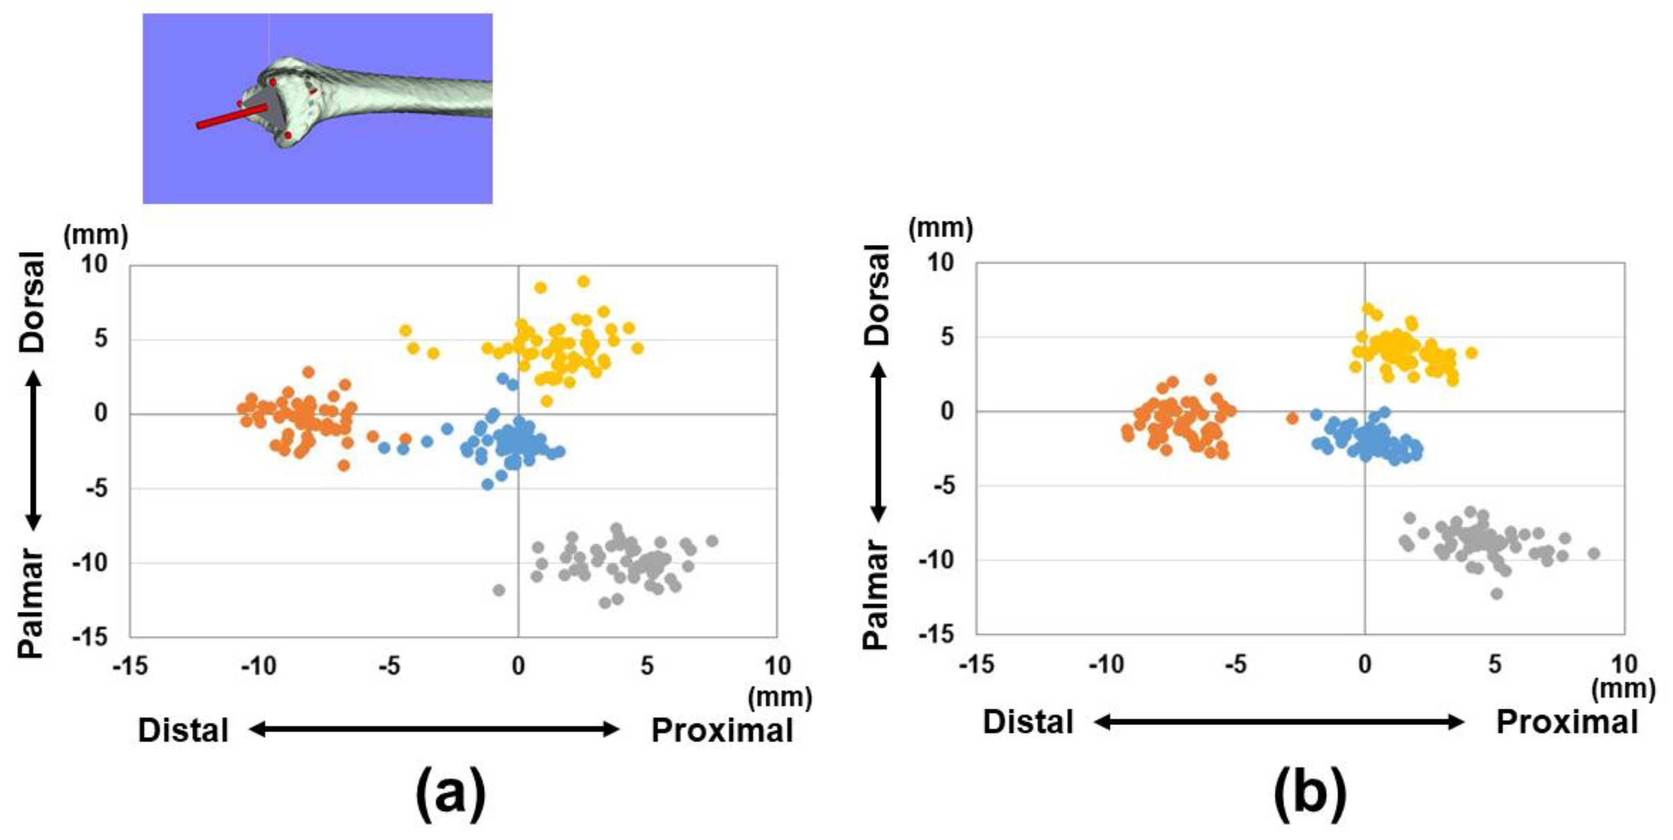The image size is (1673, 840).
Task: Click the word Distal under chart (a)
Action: tap(183, 730)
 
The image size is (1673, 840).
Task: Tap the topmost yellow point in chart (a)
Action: tap(583, 282)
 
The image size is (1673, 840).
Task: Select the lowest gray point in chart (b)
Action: tap(1497, 593)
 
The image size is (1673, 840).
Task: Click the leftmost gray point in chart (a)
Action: tap(499, 590)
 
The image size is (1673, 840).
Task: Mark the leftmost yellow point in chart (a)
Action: tap(406, 331)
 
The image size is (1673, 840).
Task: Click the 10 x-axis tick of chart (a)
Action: tap(777, 666)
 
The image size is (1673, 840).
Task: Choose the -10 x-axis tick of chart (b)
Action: tap(1106, 664)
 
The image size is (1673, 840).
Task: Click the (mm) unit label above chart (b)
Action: tap(940, 228)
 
